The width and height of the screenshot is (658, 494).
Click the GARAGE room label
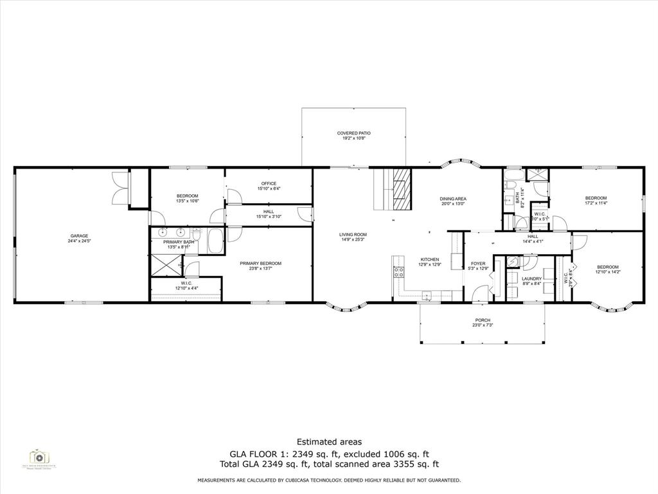point(79,236)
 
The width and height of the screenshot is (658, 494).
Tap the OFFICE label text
point(269,183)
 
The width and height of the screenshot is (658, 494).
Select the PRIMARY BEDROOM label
point(260,263)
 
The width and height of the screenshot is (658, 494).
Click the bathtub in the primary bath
point(215,242)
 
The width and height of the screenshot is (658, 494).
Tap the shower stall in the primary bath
point(164,264)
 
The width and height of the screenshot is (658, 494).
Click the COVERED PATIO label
point(353,133)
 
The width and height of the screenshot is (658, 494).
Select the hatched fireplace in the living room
point(401,188)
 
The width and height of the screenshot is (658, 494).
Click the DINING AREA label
point(453,199)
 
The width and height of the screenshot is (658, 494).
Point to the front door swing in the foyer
point(479,294)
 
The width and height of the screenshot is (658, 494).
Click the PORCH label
point(483,320)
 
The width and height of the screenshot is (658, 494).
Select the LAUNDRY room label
point(531,279)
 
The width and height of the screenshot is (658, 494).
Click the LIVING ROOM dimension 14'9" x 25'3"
point(353,239)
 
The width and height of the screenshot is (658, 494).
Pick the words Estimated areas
point(328,442)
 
